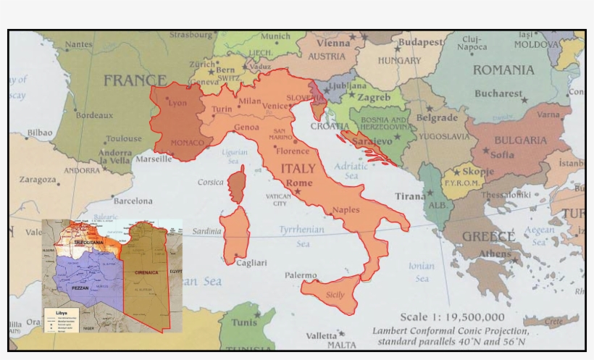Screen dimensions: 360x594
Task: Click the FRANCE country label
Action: click(x=135, y=80)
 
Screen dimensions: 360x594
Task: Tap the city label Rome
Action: click(x=299, y=183)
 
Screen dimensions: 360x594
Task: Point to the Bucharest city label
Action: click(x=498, y=93)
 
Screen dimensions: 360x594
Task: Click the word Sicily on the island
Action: click(x=335, y=295)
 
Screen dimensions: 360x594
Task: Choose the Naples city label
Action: click(x=346, y=210)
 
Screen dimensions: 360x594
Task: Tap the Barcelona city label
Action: click(x=133, y=201)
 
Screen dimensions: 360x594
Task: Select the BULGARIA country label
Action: click(x=520, y=140)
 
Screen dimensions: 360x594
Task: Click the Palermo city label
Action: click(x=301, y=275)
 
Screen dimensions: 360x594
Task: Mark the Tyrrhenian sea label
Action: click(x=303, y=230)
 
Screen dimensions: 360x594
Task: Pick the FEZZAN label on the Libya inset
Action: click(x=80, y=288)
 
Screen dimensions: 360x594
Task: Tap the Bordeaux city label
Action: click(x=94, y=115)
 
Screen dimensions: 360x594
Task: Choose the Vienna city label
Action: click(x=332, y=43)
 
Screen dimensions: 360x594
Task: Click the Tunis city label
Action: click(x=244, y=322)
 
